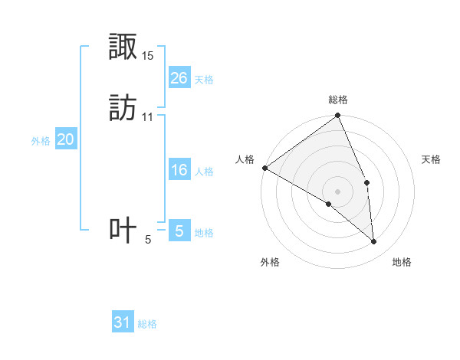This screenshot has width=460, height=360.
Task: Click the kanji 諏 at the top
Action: pos(123,47)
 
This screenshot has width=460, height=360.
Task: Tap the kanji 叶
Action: pos(123,231)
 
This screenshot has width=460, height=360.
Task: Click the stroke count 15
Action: pos(148,56)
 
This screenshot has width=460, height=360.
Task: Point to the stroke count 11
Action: pos(148,116)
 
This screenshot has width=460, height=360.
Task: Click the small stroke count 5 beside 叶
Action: pos(148,240)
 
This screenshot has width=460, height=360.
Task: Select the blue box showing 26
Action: pos(179,78)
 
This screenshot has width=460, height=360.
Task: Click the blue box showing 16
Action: pos(179,170)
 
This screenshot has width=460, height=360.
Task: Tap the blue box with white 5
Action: pos(179,231)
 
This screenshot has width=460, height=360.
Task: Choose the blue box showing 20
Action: pos(66,139)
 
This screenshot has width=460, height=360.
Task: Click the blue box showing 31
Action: pos(123,322)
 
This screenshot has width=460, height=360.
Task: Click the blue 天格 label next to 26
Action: pos(204,79)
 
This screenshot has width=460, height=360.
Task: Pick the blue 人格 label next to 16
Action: pos(204,171)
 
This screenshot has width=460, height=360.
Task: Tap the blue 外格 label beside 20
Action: pos(41,140)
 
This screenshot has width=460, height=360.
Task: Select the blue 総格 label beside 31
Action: pos(147,324)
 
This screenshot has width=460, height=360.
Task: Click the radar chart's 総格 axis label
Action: pos(338,100)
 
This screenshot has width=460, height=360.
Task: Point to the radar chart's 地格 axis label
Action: pos(402,262)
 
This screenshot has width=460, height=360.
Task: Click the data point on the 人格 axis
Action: pos(264,168)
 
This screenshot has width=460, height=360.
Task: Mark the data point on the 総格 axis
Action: pos(338,116)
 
